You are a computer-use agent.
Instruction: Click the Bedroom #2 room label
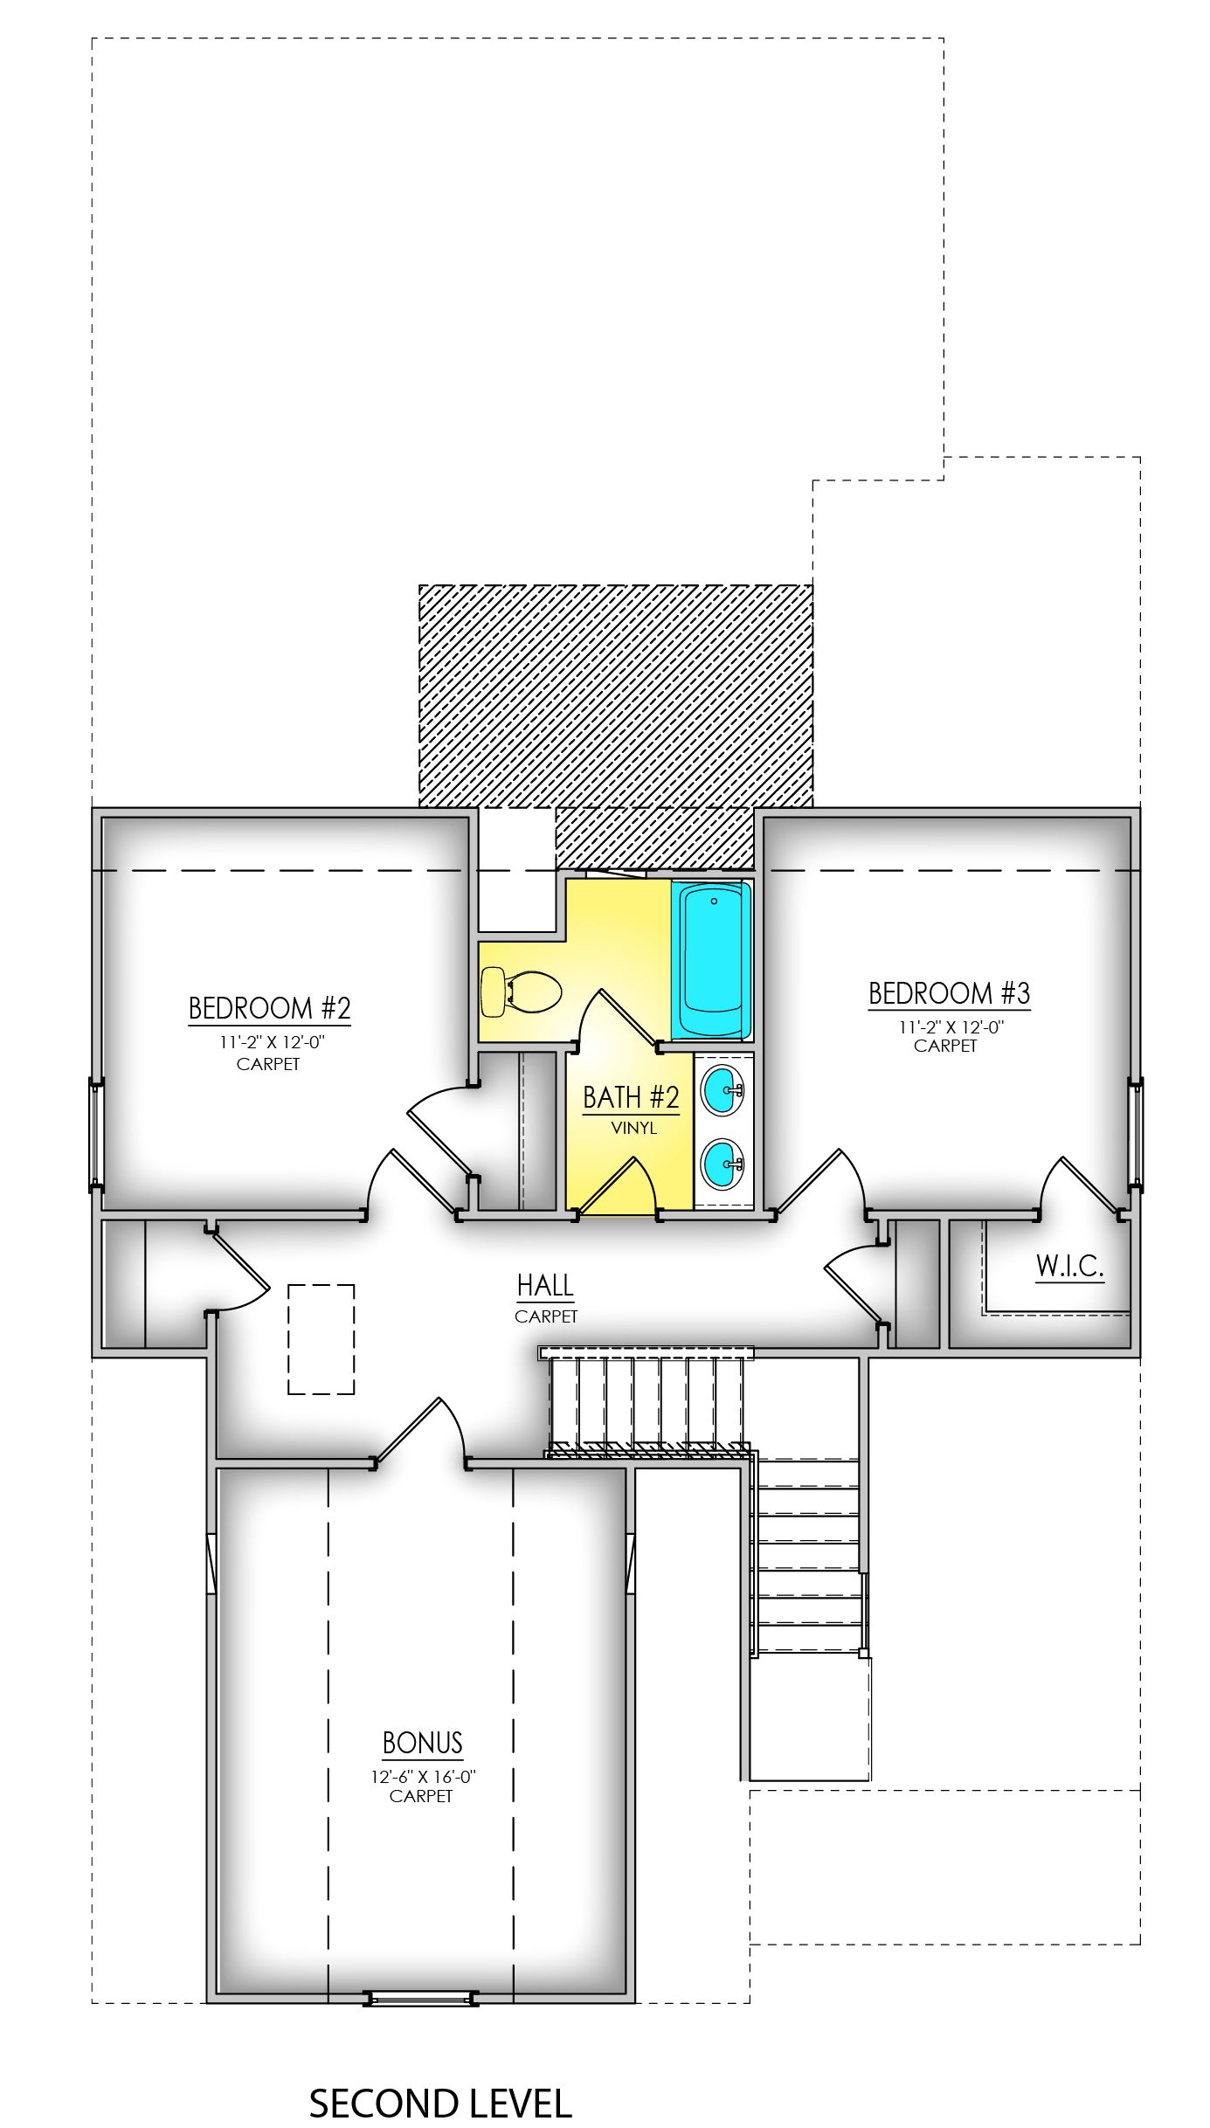269,1008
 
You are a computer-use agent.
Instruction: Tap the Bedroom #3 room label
949,993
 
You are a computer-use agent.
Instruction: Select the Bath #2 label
631,1097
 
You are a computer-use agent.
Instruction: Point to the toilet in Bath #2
519,991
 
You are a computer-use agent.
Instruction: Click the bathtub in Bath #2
712,960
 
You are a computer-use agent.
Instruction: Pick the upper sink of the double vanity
723,1091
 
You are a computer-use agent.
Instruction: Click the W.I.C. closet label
1069,1266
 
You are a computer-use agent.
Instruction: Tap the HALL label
545,1286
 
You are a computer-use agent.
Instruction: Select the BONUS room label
422,1743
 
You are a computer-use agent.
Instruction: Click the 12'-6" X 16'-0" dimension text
423,1777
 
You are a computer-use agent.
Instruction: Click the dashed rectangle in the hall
322,1339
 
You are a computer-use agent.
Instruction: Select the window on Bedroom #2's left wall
96,1135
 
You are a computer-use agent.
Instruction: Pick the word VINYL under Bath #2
633,1128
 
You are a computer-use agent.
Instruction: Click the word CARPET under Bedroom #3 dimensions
945,1046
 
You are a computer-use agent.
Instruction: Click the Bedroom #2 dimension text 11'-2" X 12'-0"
272,1042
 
